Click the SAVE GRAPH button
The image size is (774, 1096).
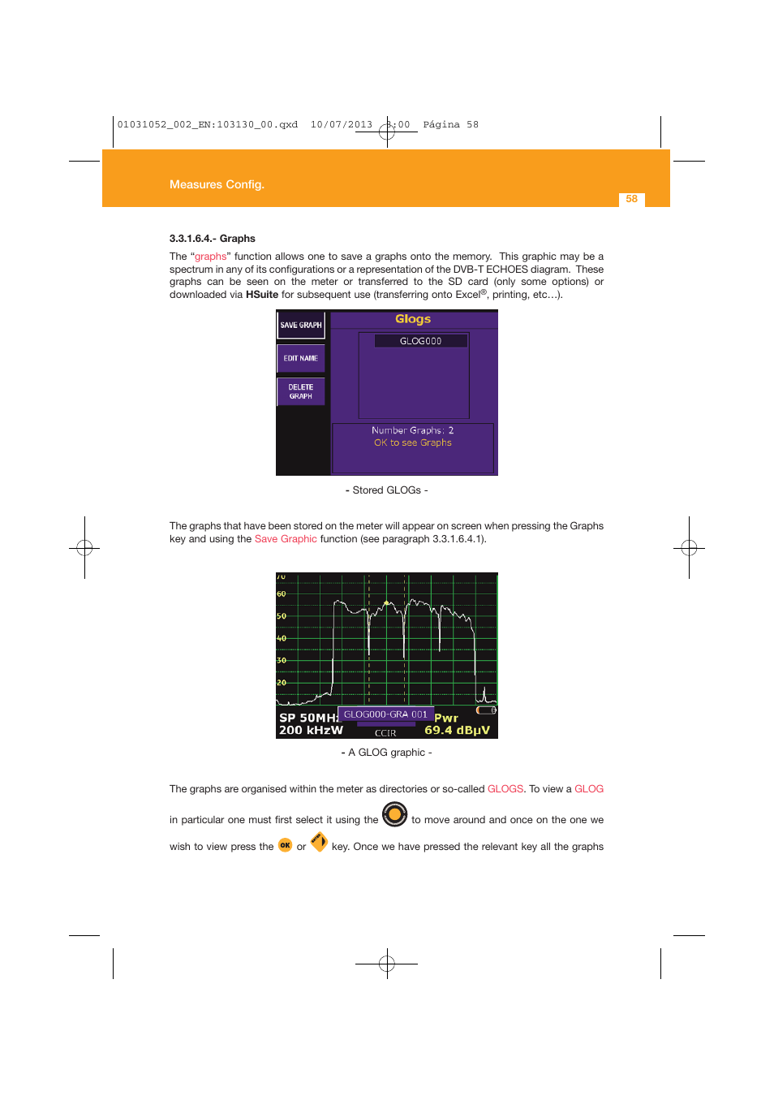(x=301, y=325)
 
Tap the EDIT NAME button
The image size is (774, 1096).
(x=301, y=358)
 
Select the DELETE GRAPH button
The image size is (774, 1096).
(x=301, y=391)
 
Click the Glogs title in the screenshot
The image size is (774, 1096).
(x=413, y=319)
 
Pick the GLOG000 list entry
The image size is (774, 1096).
(x=420, y=341)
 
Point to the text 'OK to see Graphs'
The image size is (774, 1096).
(x=412, y=442)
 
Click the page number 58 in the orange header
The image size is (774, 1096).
(x=631, y=199)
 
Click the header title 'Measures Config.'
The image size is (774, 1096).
(x=217, y=184)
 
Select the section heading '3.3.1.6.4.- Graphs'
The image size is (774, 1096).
(x=212, y=239)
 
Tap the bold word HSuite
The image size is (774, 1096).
(x=262, y=295)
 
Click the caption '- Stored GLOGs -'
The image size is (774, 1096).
(x=386, y=490)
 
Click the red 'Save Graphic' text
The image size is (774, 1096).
(x=286, y=539)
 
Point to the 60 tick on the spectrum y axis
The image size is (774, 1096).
(x=282, y=594)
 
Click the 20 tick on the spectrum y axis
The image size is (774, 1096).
(x=282, y=683)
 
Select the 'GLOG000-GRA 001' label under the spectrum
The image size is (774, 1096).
(x=385, y=714)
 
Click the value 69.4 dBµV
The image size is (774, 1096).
(x=457, y=730)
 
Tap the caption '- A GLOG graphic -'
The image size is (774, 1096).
(x=386, y=753)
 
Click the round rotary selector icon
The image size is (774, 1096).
(x=394, y=813)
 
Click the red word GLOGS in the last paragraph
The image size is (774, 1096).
(x=505, y=789)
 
